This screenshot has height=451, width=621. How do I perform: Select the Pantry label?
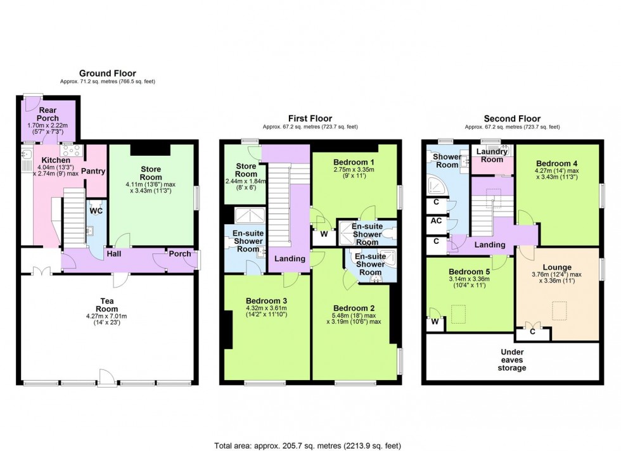93,172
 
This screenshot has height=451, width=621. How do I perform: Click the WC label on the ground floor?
96,211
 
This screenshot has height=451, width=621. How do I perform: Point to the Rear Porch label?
48,114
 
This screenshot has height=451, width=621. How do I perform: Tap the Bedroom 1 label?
354,162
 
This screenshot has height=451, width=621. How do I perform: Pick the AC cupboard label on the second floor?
436,221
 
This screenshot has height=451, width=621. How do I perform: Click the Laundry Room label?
491,156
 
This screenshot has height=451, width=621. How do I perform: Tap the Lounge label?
556,267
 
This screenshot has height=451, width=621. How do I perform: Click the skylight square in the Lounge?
560,310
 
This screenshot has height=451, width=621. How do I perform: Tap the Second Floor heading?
512,118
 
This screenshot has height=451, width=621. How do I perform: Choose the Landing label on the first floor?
290,258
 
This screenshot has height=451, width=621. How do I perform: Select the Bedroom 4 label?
556,162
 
